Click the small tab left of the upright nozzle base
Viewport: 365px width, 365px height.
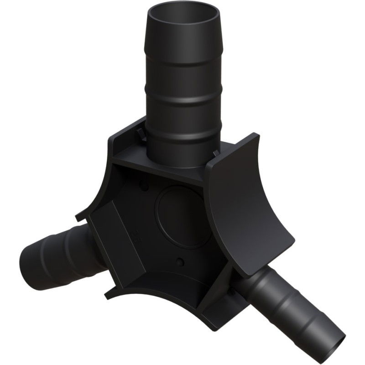(137, 133)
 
